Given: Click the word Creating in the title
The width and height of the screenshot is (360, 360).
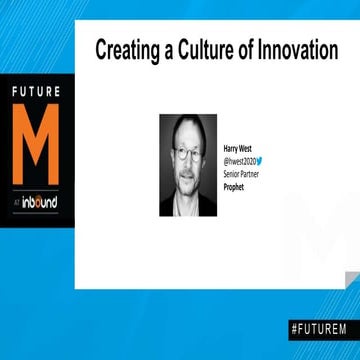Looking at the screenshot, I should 126,49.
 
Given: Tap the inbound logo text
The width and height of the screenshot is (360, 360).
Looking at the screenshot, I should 42,203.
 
